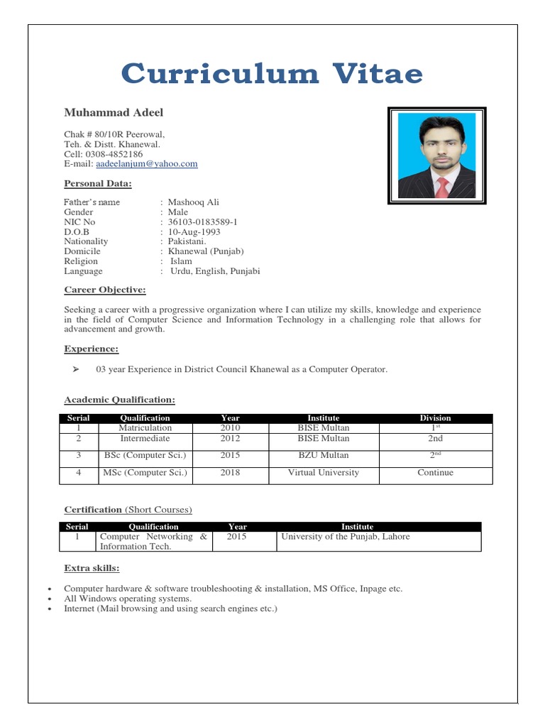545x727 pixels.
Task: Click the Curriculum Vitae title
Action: pos(272,73)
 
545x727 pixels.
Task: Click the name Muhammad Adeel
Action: pos(114,113)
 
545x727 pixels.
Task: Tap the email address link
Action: pos(146,164)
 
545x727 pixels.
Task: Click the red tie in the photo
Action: pos(441,186)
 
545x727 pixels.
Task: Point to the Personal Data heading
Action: pos(98,184)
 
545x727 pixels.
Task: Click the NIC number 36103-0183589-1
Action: pos(202,222)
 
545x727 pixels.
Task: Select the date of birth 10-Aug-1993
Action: pos(194,232)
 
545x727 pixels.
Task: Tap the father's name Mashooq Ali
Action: pos(193,202)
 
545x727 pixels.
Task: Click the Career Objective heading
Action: pos(105,290)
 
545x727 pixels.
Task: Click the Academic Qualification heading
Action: pos(119,400)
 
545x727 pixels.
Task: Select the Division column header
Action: pos(435,418)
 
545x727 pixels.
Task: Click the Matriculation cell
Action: pos(145,428)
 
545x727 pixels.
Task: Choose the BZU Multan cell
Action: pos(323,456)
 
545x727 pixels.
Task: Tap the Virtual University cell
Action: pos(323,473)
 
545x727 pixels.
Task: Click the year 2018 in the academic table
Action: pos(230,473)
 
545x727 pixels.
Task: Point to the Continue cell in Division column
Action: pos(435,473)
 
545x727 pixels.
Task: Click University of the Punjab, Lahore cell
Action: pos(346,537)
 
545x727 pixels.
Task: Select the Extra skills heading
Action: pos(92,569)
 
